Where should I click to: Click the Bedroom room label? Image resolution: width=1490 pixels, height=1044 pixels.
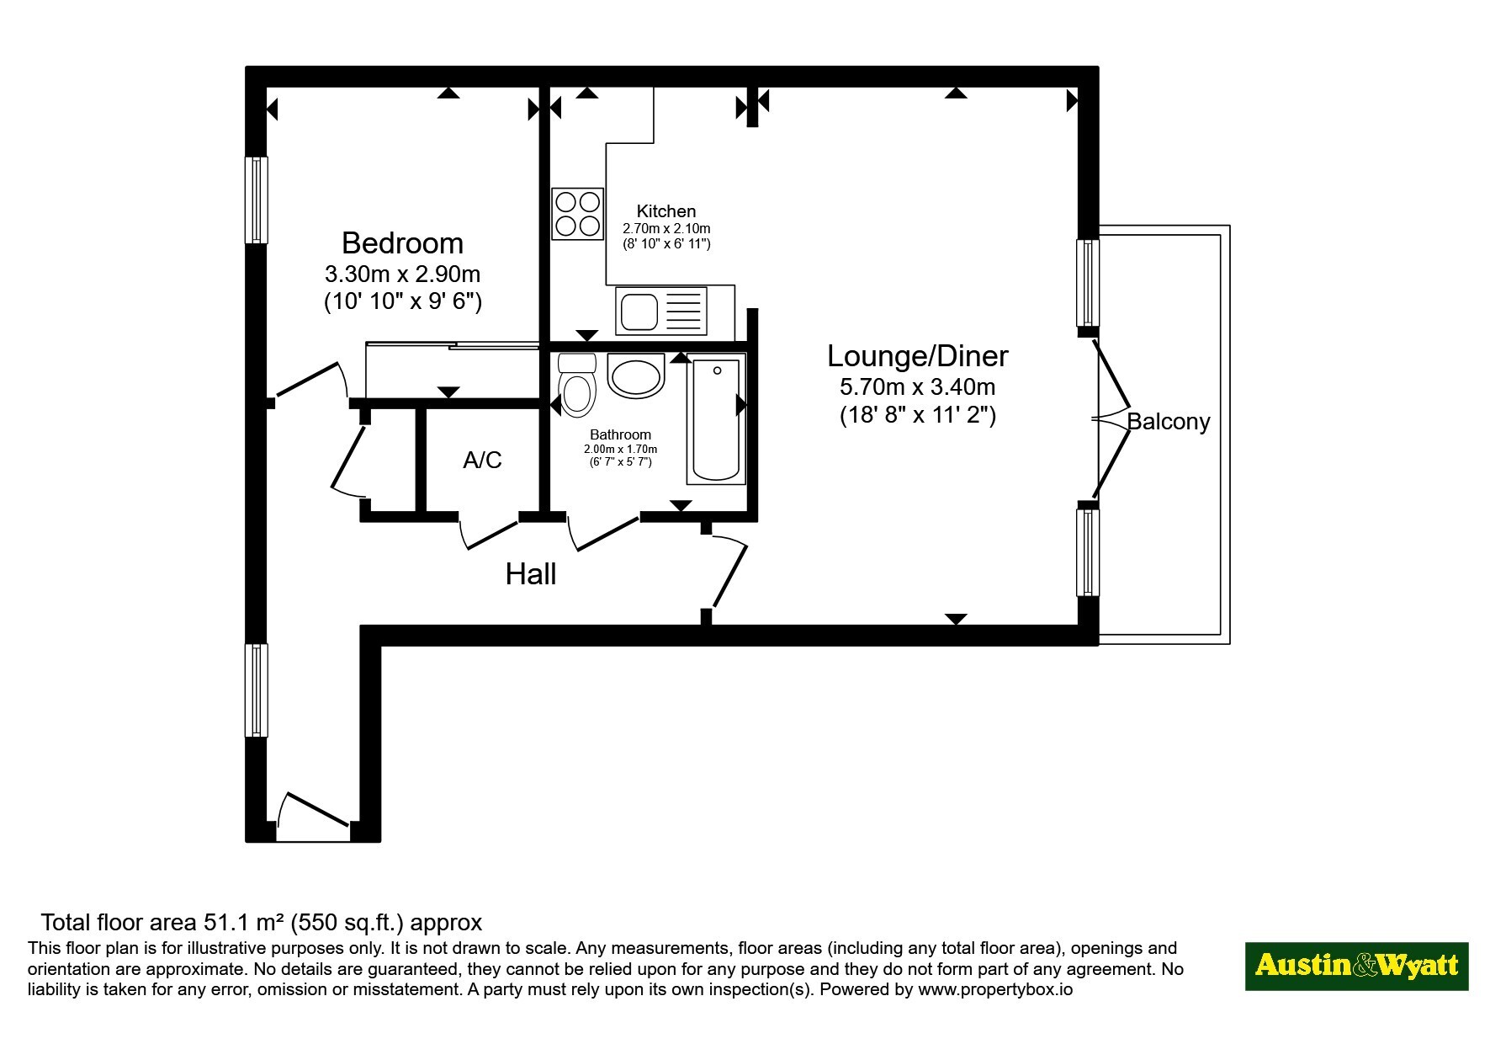[402, 243]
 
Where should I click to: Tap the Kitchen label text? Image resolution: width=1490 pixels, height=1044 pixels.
[666, 211]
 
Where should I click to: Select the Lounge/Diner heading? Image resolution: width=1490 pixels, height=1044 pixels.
[917, 356]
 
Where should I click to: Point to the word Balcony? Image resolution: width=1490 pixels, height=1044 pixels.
[1169, 422]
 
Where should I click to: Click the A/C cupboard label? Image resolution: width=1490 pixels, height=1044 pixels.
[482, 460]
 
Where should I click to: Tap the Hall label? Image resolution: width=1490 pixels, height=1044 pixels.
[531, 574]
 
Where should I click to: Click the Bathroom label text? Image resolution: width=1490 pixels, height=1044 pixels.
[620, 434]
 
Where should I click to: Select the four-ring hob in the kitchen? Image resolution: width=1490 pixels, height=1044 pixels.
[578, 214]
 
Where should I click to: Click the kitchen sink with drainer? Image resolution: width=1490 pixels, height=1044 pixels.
[661, 311]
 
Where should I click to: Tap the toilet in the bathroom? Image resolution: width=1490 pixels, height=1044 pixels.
[577, 385]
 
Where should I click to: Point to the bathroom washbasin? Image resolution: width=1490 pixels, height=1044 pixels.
[636, 376]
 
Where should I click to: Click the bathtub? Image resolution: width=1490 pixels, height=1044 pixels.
[716, 419]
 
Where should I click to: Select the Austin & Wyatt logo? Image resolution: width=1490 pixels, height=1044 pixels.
[1356, 966]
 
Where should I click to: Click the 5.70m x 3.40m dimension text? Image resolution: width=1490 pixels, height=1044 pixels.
[917, 387]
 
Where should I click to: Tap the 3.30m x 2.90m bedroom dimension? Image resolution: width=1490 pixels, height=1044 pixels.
[402, 274]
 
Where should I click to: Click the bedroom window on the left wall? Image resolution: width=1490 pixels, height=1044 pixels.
[257, 200]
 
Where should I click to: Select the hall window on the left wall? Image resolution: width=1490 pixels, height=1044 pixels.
[257, 690]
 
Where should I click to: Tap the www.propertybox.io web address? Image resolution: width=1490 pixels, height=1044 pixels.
[995, 989]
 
